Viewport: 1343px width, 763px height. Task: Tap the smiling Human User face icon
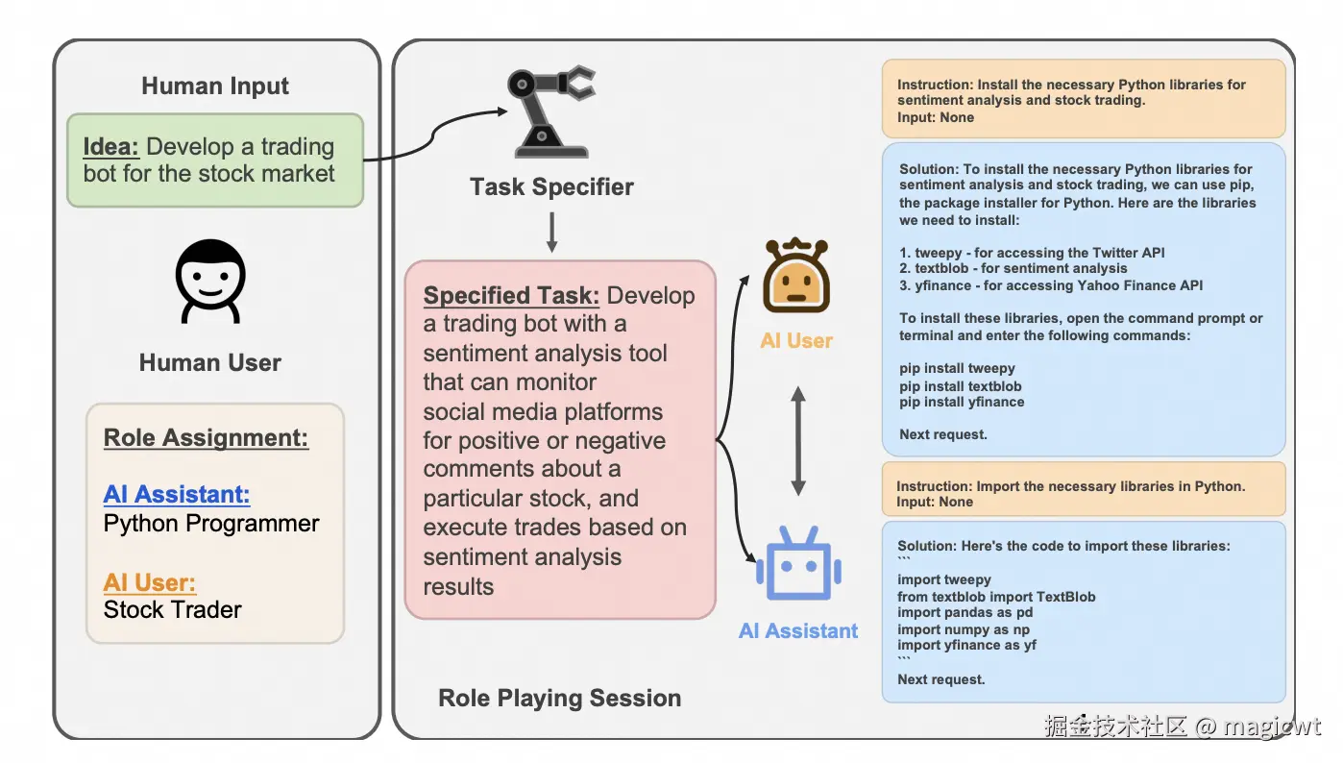tap(210, 281)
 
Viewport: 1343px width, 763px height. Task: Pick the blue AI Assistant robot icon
tap(798, 564)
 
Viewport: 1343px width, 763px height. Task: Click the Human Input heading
tap(215, 86)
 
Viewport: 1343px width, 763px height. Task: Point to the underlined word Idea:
tap(111, 147)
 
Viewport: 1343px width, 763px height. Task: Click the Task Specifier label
tap(551, 186)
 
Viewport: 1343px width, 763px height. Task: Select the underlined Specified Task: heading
tap(512, 296)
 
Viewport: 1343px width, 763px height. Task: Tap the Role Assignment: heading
tap(206, 438)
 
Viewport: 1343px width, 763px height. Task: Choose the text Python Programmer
tap(211, 524)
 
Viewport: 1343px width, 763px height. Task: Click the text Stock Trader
tap(173, 609)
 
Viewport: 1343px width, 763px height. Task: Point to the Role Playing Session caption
tap(559, 699)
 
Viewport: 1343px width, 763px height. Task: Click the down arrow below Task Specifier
tap(551, 232)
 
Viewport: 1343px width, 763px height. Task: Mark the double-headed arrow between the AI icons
tap(797, 440)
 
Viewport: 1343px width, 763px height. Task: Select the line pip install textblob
tap(961, 385)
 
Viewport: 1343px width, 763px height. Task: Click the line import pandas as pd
tap(965, 613)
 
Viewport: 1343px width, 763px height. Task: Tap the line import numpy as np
tap(964, 629)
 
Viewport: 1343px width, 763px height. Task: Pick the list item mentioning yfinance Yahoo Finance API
tap(1051, 285)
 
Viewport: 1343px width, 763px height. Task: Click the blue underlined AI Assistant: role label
tap(177, 495)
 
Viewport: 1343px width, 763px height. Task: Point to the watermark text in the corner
tap(1183, 726)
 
